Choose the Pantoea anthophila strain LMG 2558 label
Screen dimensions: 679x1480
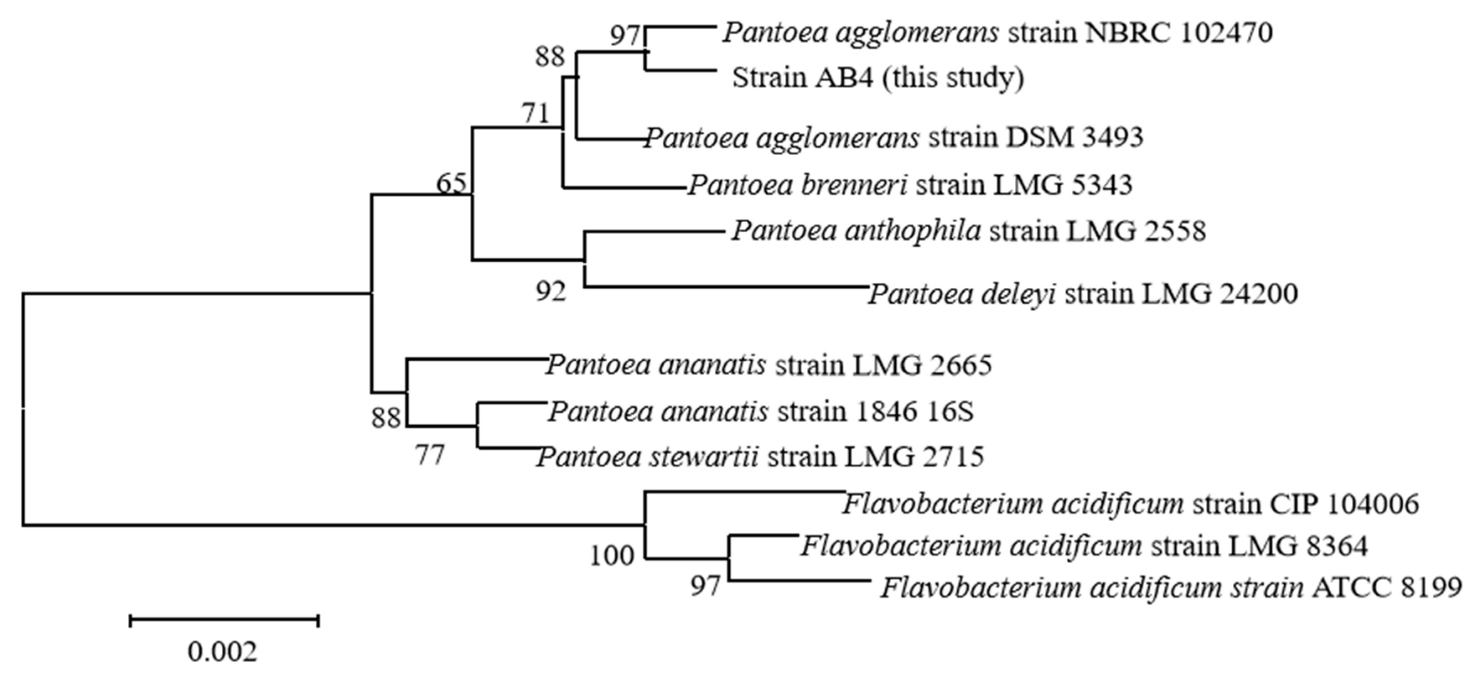968,231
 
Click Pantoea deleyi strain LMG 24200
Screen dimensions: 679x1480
1082,294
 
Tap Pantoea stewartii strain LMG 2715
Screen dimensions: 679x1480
760,458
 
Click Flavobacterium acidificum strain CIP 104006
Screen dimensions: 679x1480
1130,504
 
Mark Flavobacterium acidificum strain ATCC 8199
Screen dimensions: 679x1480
1171,588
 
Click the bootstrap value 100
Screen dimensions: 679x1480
611,556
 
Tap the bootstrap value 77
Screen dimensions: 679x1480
430,456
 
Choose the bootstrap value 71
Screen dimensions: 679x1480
536,113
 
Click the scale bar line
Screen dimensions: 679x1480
224,620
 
